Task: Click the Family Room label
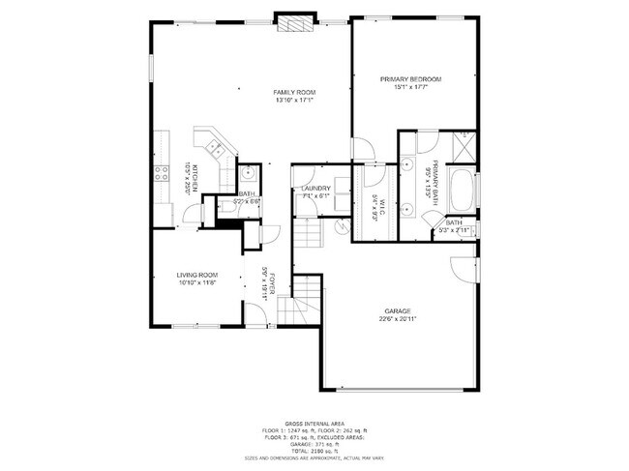pyautogui.click(x=295, y=92)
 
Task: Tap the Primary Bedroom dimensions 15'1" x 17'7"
pyautogui.click(x=410, y=87)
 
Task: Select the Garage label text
pyautogui.click(x=399, y=310)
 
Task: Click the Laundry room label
pyautogui.click(x=315, y=189)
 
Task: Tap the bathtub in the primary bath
pyautogui.click(x=463, y=192)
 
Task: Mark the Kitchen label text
pyautogui.click(x=195, y=180)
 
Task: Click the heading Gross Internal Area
pyautogui.click(x=314, y=423)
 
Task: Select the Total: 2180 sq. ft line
pyautogui.click(x=314, y=451)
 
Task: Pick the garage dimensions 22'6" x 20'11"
pyautogui.click(x=399, y=319)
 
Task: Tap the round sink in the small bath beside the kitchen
pyautogui.click(x=249, y=174)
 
